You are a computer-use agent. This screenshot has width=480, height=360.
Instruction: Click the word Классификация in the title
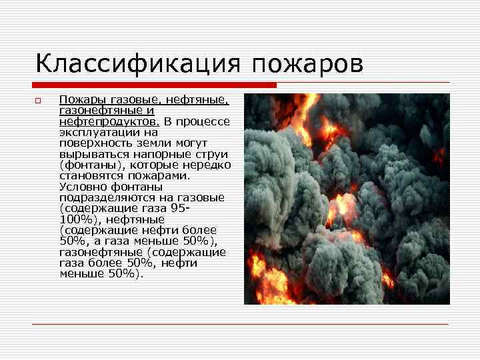(x=139, y=65)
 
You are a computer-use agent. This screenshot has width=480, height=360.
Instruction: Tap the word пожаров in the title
(x=308, y=65)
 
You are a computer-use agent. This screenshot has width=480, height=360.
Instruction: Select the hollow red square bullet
(x=39, y=101)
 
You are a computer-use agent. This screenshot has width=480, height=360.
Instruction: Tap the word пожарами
(x=165, y=176)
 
